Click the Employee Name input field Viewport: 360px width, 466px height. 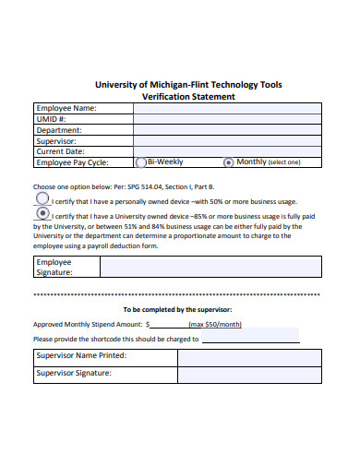(x=227, y=108)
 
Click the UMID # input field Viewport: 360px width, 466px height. (x=227, y=119)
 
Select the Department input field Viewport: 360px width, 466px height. (x=227, y=130)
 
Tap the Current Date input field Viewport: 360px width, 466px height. (x=227, y=151)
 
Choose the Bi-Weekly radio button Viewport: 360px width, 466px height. (x=140, y=162)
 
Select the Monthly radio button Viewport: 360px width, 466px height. (x=229, y=162)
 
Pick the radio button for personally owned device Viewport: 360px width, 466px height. (x=42, y=198)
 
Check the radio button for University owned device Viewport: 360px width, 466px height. (x=42, y=212)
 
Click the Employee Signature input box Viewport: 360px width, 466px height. (x=210, y=267)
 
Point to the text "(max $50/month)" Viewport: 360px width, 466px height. (x=215, y=325)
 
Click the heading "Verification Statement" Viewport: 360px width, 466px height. (x=188, y=96)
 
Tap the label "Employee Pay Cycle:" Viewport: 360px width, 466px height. (x=72, y=162)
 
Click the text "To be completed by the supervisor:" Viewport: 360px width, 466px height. (x=177, y=309)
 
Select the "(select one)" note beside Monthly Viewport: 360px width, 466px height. (x=284, y=162)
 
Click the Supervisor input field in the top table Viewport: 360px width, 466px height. (x=227, y=140)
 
